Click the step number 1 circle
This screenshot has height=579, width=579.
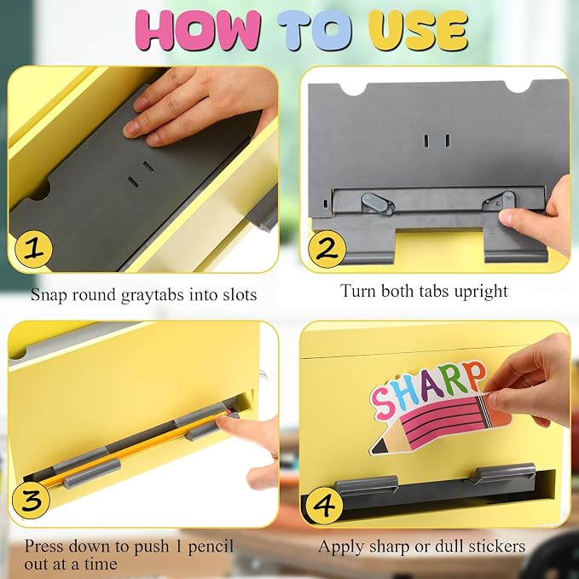[x=33, y=248]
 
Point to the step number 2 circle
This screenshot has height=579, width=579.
[x=327, y=249]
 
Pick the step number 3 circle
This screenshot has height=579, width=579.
[x=31, y=501]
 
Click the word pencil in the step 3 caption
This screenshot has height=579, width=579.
[x=211, y=547]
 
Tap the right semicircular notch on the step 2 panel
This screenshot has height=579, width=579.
[x=519, y=87]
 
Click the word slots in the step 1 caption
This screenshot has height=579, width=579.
[x=240, y=295]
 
